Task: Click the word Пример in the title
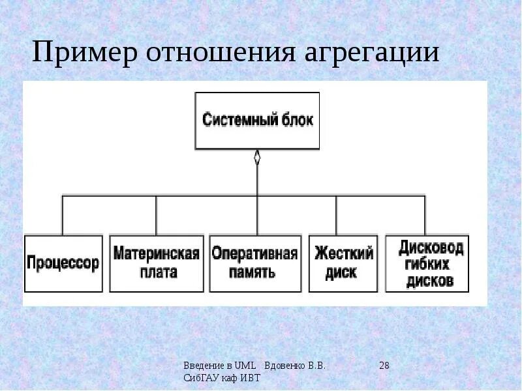(84, 53)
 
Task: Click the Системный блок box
(258, 121)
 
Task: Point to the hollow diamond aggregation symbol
(257, 158)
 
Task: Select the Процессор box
(63, 263)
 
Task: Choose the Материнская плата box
(156, 263)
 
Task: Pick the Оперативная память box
(255, 263)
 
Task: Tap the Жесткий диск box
(343, 263)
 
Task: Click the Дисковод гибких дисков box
(427, 263)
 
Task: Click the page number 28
(384, 366)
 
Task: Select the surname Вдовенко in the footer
(286, 366)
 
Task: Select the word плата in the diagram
(156, 272)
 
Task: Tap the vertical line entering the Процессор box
(63, 215)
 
